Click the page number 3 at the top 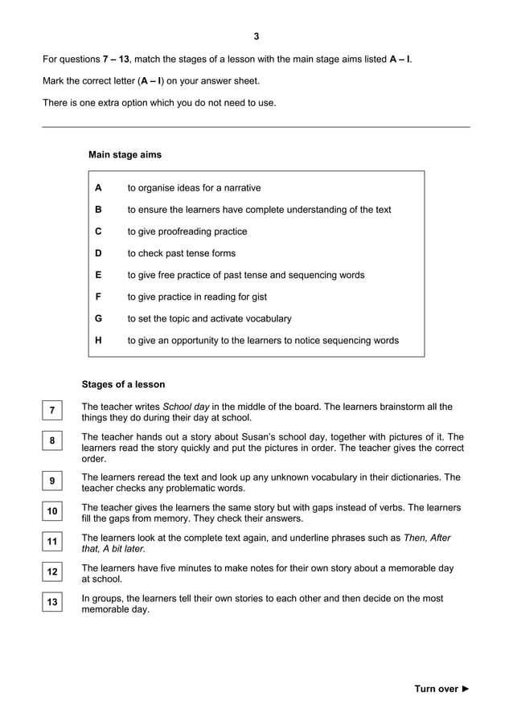(x=256, y=36)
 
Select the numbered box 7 (x=51, y=412)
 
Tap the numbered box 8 (x=51, y=441)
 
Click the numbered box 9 (x=51, y=481)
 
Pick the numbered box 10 (x=51, y=512)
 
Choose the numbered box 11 (x=51, y=542)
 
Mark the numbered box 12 (x=51, y=572)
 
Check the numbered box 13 (x=51, y=603)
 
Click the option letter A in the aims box (x=98, y=188)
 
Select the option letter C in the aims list (x=98, y=231)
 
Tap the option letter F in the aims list (x=98, y=297)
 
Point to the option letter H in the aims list (x=98, y=340)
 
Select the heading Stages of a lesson (x=123, y=384)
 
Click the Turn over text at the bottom (x=437, y=689)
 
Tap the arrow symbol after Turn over (x=466, y=689)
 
